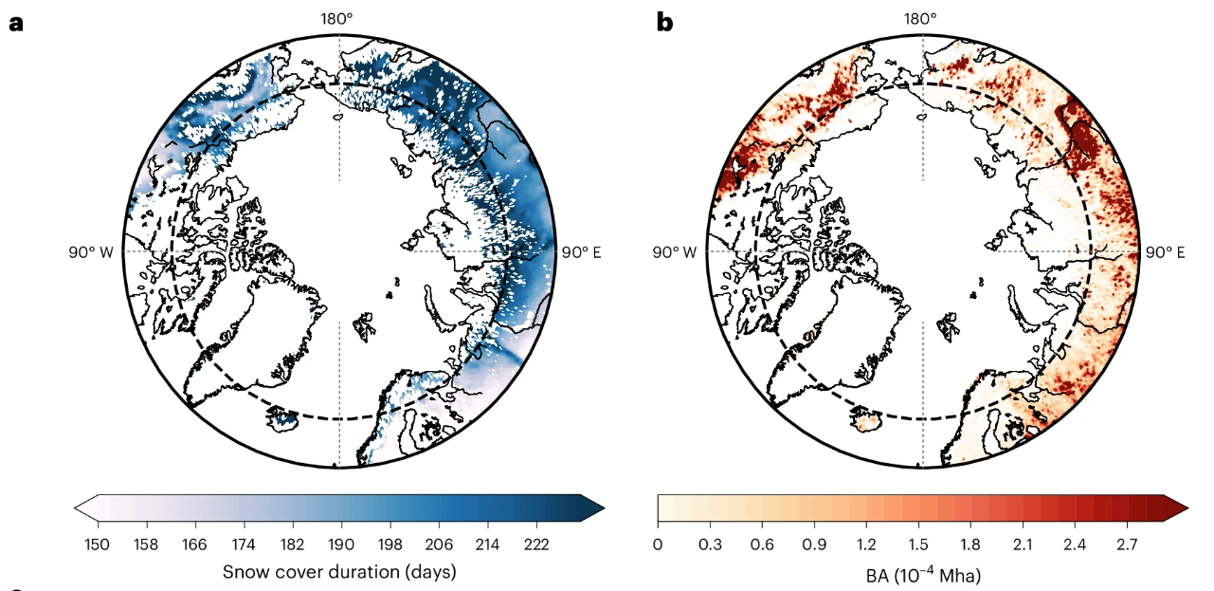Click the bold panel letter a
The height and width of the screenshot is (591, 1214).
[15, 23]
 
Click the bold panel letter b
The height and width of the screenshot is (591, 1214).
[664, 22]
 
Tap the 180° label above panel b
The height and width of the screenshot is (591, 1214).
[920, 18]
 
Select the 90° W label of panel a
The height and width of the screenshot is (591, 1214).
[91, 252]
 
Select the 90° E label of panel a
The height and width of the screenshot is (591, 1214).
[581, 252]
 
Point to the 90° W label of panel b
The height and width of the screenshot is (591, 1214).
[674, 252]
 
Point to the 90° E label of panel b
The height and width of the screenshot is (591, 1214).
[1165, 252]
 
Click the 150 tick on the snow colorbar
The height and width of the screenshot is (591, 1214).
[98, 545]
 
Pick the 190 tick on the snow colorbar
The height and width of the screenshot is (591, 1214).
[341, 545]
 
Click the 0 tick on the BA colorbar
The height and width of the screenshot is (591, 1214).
[659, 545]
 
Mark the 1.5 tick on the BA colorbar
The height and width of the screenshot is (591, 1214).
[917, 545]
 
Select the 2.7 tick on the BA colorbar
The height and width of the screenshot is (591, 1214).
[1124, 545]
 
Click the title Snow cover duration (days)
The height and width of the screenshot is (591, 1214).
[339, 572]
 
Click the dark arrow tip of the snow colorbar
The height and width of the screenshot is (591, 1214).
[594, 509]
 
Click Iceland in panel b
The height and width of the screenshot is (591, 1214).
[864, 418]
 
